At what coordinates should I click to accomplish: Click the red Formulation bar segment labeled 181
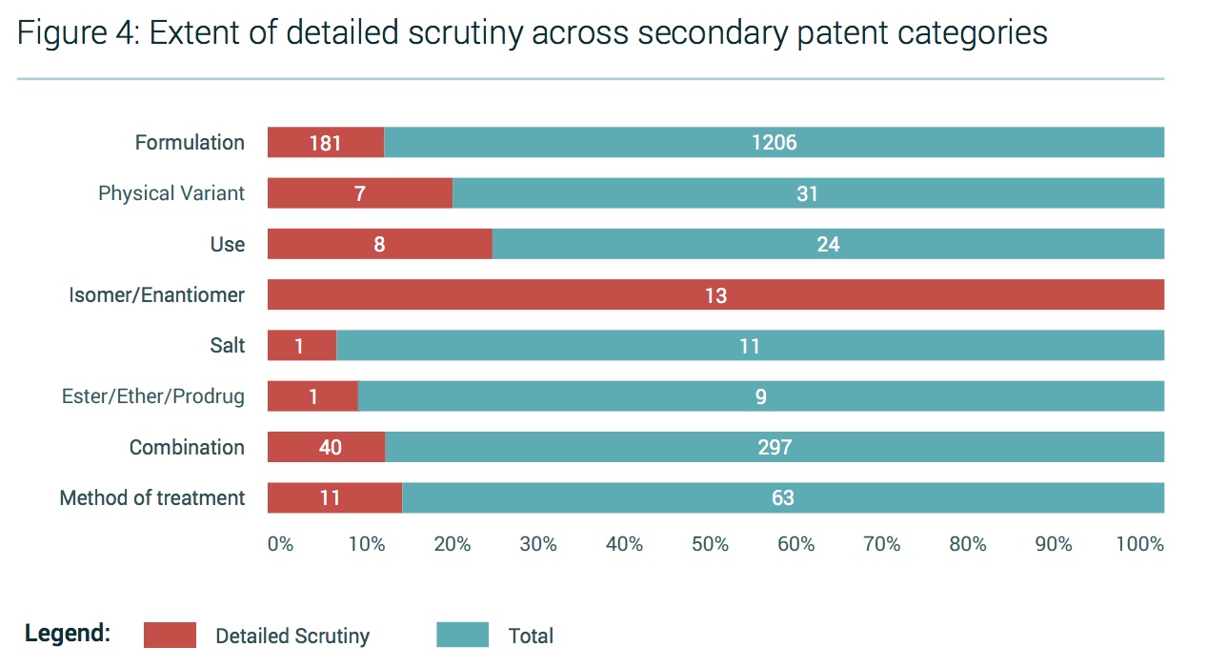point(325,143)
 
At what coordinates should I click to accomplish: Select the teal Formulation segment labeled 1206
point(774,143)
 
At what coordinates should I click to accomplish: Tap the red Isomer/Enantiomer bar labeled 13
point(715,295)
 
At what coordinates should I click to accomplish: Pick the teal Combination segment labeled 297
point(774,447)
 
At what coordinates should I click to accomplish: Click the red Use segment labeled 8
point(379,244)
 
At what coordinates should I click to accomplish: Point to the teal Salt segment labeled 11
point(750,346)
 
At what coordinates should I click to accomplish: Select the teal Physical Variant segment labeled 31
point(808,193)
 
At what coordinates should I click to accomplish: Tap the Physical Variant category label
point(171,193)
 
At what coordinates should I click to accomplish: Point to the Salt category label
point(228,346)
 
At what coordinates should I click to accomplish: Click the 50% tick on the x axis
point(710,544)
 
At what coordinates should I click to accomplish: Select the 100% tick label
point(1140,544)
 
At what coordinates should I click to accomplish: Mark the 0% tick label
point(280,544)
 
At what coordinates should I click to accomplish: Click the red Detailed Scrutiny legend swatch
point(170,636)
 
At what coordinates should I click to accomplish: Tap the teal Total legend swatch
point(462,636)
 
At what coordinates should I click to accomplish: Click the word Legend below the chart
point(68,634)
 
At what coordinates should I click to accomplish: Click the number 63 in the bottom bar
point(783,497)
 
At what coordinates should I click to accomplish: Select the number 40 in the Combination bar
point(330,447)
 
